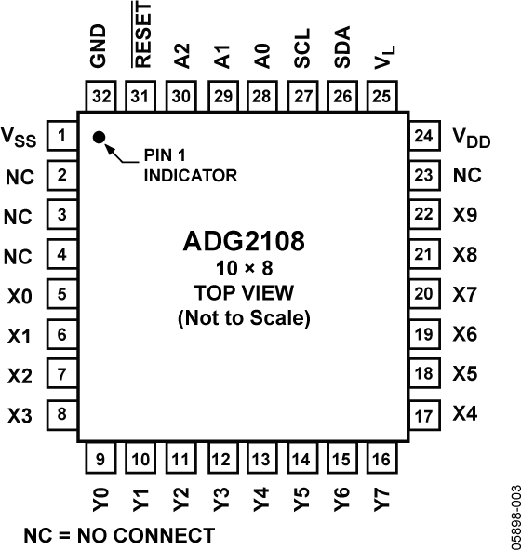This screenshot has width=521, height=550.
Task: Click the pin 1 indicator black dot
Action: pyautogui.click(x=99, y=139)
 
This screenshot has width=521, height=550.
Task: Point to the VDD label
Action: pyautogui.click(x=470, y=140)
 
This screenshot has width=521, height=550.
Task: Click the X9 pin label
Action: pyautogui.click(x=464, y=214)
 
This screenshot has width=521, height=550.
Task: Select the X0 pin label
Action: pyautogui.click(x=20, y=296)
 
